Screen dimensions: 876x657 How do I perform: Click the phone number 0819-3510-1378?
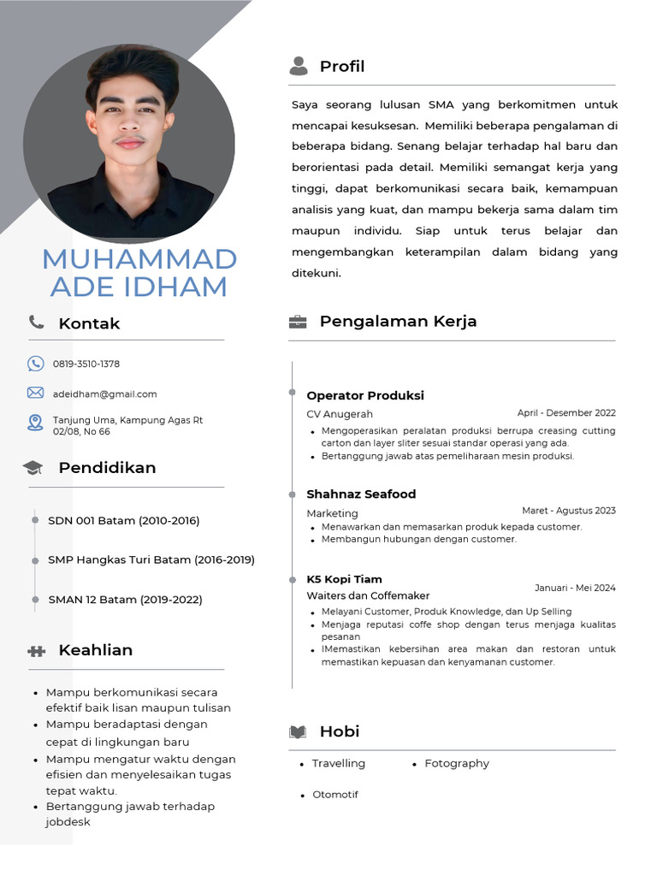click(x=86, y=364)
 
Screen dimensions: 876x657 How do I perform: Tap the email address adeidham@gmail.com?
click(x=104, y=394)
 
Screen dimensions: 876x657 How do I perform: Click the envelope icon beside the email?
click(x=35, y=393)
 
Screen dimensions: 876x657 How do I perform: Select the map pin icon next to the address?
click(x=35, y=423)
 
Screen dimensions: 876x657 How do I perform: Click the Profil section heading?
click(x=341, y=67)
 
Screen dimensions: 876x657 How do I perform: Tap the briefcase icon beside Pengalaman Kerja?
click(x=298, y=322)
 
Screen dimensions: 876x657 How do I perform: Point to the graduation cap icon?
click(x=33, y=468)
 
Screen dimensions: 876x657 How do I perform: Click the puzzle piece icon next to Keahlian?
click(x=36, y=651)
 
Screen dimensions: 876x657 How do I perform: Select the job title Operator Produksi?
click(x=365, y=395)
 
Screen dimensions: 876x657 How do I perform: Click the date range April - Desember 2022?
click(x=566, y=412)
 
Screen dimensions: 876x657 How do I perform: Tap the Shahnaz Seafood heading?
click(x=361, y=494)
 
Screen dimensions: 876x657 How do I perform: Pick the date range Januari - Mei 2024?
click(x=575, y=588)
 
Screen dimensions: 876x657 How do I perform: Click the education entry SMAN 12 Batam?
click(x=125, y=600)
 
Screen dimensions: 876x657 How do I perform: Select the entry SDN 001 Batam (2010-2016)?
click(x=123, y=520)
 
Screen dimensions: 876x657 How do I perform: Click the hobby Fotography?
click(x=457, y=763)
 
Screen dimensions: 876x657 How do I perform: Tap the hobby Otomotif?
click(x=335, y=795)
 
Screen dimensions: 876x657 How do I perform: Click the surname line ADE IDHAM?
click(x=139, y=287)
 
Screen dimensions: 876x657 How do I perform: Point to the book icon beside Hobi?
click(x=298, y=731)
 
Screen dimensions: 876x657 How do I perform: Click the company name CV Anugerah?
click(x=340, y=414)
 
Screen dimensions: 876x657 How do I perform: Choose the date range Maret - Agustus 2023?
click(x=569, y=511)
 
